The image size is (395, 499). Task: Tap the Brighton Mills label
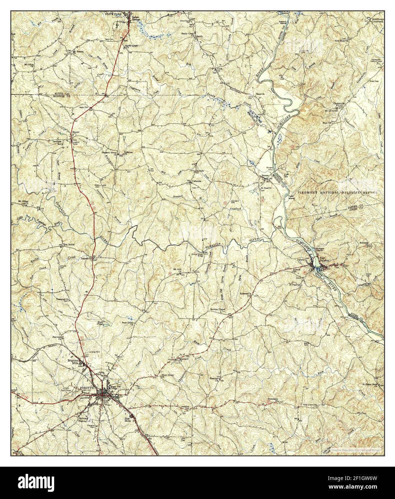click(x=73, y=363)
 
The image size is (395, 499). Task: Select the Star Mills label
click(x=126, y=420)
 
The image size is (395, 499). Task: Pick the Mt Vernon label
click(x=78, y=51)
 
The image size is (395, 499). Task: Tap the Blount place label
click(x=75, y=132)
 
